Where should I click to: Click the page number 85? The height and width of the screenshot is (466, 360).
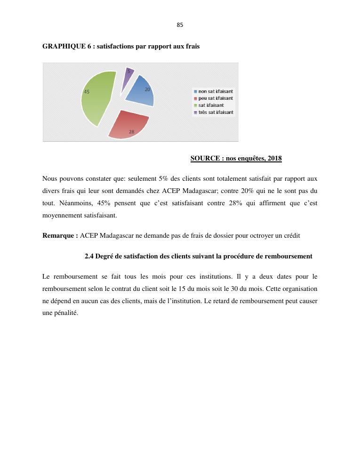[x=180, y=25]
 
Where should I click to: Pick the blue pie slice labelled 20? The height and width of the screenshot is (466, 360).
[x=141, y=92]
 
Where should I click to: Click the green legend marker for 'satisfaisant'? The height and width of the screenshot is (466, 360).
[x=195, y=105]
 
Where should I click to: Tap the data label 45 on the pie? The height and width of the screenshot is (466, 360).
[x=87, y=92]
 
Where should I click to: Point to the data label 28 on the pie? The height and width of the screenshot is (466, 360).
[x=131, y=132]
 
